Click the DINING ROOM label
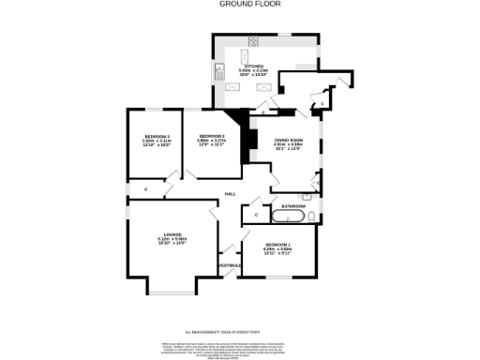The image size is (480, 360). click(289, 140)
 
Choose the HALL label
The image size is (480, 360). click(230, 194)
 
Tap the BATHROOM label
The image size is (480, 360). click(293, 205)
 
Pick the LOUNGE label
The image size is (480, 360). click(172, 234)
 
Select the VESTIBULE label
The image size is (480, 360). click(231, 265)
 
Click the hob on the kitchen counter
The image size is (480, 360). click(252, 43)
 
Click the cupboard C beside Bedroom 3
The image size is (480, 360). click(145, 189)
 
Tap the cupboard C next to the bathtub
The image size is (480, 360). click(256, 216)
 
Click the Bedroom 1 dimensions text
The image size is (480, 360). click(277, 252)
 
